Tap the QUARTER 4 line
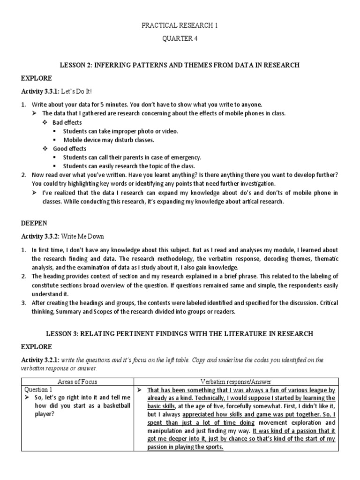(180, 39)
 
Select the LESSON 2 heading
(180, 65)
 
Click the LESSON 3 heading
(180, 333)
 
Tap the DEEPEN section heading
(35, 223)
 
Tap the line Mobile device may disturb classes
(109, 140)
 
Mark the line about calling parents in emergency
(132, 157)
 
